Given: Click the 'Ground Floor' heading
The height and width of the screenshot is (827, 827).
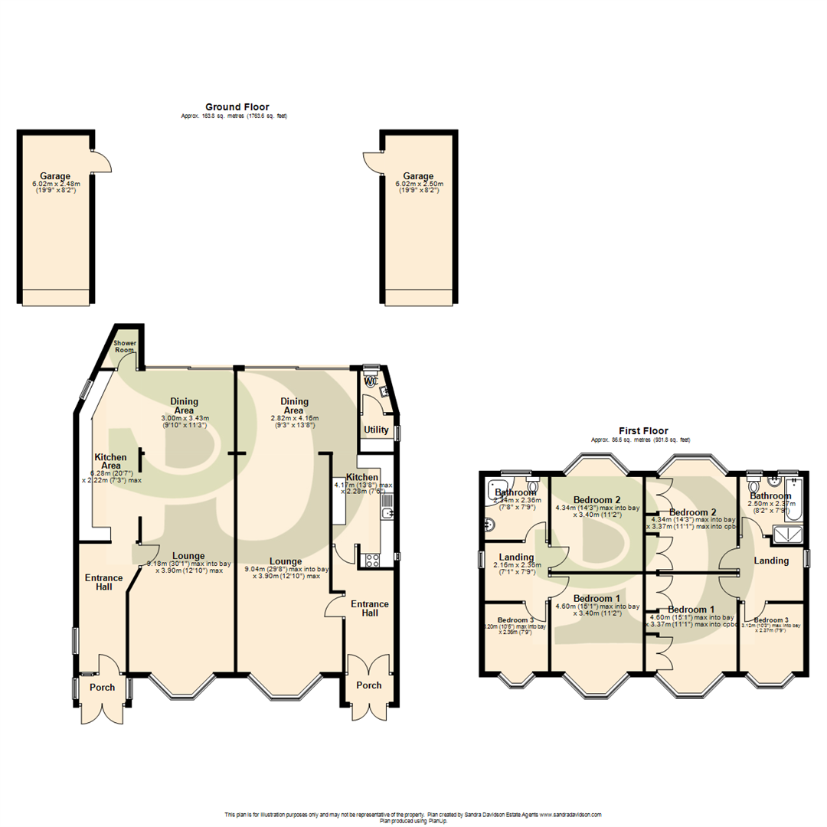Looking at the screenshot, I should pos(237,106).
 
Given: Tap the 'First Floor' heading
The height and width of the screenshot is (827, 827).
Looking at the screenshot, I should pos(643,431).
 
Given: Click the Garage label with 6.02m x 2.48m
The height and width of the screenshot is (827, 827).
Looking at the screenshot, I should pos(56,176).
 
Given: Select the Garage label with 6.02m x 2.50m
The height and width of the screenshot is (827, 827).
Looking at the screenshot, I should pos(418,176).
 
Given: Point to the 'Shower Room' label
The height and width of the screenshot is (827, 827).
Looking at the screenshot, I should pos(124,346).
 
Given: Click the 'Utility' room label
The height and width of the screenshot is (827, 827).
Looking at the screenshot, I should pos(376,430).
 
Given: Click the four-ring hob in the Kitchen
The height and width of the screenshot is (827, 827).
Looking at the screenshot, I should pos(373,560).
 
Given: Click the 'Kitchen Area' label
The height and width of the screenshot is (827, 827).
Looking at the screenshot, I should pos(110,461).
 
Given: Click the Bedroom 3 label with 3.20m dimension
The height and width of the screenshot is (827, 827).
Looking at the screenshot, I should pos(515,620).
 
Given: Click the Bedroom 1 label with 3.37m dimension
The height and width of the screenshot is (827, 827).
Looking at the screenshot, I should pos(691,610).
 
